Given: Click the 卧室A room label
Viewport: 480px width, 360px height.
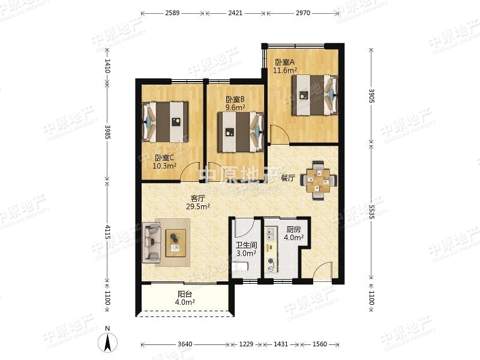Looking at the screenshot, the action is click(284, 62).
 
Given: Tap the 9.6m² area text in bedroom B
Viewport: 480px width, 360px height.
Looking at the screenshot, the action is click(235, 107).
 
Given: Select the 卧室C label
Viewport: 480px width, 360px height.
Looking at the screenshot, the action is click(164, 158).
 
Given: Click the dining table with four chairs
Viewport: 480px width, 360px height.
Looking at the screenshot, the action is click(319, 181).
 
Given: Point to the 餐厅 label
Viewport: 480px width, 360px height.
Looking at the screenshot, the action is click(288, 178).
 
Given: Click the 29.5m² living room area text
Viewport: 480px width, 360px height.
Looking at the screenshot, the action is click(198, 206).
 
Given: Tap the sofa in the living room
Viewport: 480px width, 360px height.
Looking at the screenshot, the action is click(151, 242).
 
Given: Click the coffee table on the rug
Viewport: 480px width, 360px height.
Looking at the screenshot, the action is click(176, 243).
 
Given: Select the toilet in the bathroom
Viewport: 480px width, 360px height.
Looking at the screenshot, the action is click(239, 266).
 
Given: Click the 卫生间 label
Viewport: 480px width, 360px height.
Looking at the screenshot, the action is click(246, 245).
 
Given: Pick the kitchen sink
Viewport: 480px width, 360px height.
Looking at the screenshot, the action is click(271, 234).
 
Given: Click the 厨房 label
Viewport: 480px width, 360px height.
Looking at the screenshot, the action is click(293, 229).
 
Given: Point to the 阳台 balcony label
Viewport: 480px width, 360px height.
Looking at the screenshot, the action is click(185, 294).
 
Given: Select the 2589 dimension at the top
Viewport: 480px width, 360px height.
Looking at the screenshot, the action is click(172, 13).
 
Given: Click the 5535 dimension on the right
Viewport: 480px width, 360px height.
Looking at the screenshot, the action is click(371, 212).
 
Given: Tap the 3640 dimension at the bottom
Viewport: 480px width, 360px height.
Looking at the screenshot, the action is click(185, 344).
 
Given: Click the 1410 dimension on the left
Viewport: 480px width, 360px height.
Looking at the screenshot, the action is click(107, 66).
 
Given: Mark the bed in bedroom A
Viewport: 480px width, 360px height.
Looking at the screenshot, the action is click(314, 95).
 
